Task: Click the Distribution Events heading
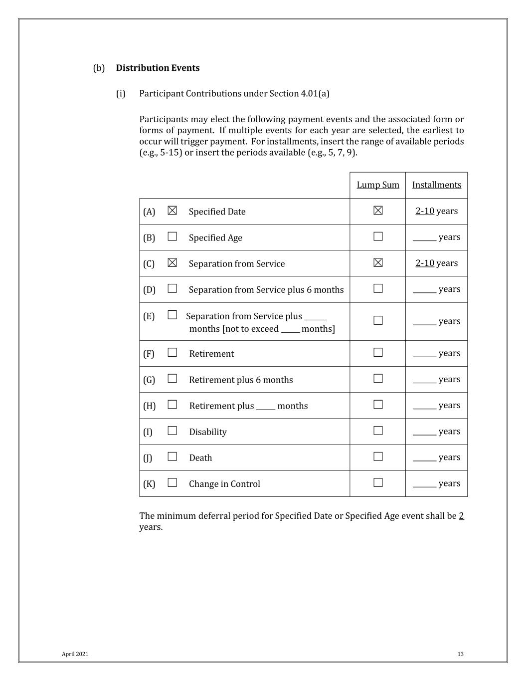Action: tap(158, 68)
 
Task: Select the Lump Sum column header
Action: tap(378, 185)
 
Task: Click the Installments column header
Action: tap(436, 185)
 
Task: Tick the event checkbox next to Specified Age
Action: tap(173, 236)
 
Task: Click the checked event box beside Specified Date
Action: tap(173, 211)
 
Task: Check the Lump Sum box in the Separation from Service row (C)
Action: tap(378, 262)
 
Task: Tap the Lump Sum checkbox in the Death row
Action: tap(378, 456)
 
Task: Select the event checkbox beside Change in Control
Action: tap(173, 482)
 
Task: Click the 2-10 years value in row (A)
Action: tap(436, 211)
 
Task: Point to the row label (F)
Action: tap(149, 354)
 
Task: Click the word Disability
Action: tap(207, 432)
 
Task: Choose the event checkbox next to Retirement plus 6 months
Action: tap(173, 379)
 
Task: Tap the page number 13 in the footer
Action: tap(460, 654)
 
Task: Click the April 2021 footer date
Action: tap(75, 654)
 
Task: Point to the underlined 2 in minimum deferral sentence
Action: tap(461, 516)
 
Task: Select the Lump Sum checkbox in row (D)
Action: tap(378, 288)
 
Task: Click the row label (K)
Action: tap(149, 484)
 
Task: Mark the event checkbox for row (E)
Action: tap(173, 315)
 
